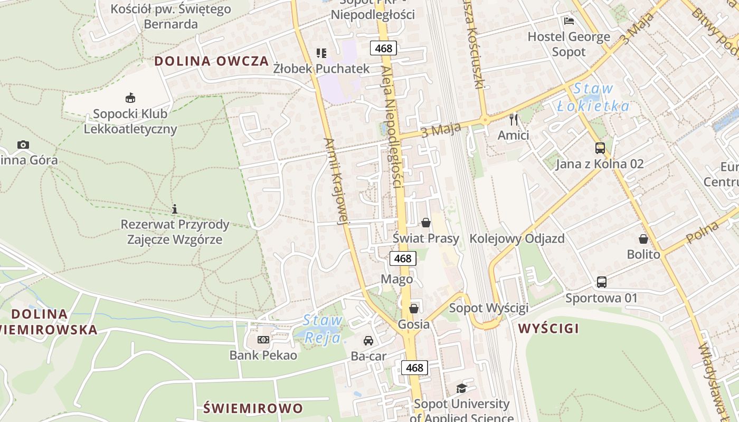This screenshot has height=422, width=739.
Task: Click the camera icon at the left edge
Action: pyautogui.click(x=23, y=145)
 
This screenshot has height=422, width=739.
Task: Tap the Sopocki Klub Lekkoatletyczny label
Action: pyautogui.click(x=130, y=121)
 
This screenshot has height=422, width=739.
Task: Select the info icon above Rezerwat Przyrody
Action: pyautogui.click(x=175, y=209)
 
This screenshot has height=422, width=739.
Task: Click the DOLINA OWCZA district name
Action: pyautogui.click(x=212, y=61)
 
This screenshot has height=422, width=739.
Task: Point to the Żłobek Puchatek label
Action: pyautogui.click(x=321, y=69)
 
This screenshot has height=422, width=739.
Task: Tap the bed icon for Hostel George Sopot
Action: pyautogui.click(x=569, y=21)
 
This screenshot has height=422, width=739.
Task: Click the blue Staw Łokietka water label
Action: pyautogui.click(x=593, y=97)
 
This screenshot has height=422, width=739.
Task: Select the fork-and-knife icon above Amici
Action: pyautogui.click(x=514, y=119)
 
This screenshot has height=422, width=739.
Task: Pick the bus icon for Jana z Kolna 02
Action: pyautogui.click(x=600, y=148)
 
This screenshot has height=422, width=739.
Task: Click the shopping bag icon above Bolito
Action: pyautogui.click(x=643, y=239)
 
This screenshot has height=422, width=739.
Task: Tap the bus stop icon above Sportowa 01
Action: pyautogui.click(x=601, y=282)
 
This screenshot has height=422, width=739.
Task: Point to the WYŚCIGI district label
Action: pyautogui.click(x=548, y=329)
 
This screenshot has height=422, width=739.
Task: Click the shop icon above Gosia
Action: pyautogui.click(x=414, y=308)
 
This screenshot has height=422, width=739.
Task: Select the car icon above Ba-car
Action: pyautogui.click(x=368, y=341)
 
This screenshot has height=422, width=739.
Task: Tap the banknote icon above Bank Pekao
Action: pyautogui.click(x=263, y=339)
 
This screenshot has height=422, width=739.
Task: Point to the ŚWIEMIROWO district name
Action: pyautogui.click(x=253, y=408)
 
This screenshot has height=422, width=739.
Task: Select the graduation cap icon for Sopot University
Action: pyautogui.click(x=462, y=389)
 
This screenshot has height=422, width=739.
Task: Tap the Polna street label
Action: pyautogui.click(x=703, y=232)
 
